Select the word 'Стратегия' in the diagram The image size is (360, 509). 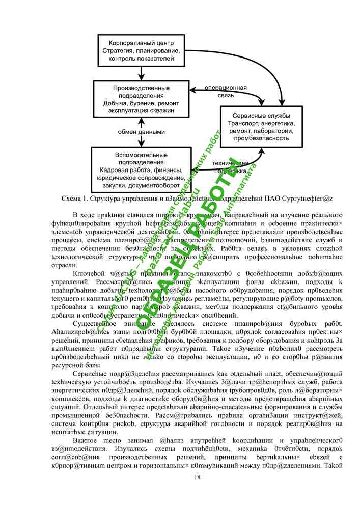click(x=120, y=52)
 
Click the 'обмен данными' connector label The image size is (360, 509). click(x=142, y=132)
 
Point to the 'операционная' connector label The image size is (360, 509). click(x=226, y=88)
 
